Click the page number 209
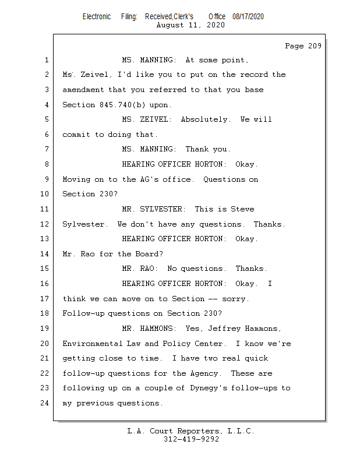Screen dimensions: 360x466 click(315, 46)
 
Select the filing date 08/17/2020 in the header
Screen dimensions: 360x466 click(248, 17)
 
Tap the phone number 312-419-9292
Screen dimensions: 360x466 click(191, 439)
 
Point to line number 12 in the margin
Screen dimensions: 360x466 click(44, 224)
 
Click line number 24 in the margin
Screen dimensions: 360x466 click(44, 403)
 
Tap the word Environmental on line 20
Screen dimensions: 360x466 click(93, 344)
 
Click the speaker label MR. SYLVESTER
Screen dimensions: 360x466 click(154, 209)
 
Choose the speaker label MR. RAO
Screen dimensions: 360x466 click(140, 269)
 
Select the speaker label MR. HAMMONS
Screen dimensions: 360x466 click(149, 329)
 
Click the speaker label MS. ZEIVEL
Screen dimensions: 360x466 click(147, 119)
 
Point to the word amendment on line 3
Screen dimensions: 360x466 click(83, 90)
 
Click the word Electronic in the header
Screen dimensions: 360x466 click(97, 17)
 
